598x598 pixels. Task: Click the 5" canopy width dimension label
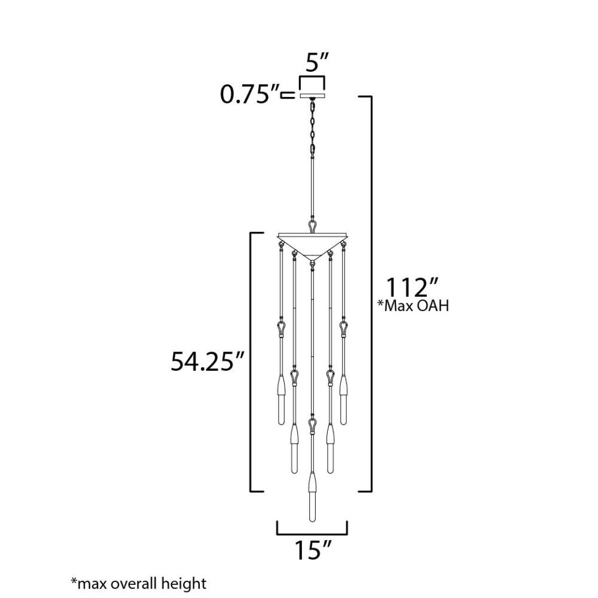click(x=317, y=63)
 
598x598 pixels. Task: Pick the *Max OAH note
click(x=413, y=306)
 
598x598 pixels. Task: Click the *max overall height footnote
click(x=139, y=584)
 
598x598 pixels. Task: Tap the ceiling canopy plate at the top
click(x=312, y=95)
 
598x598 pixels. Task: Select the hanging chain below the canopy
click(x=312, y=127)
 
